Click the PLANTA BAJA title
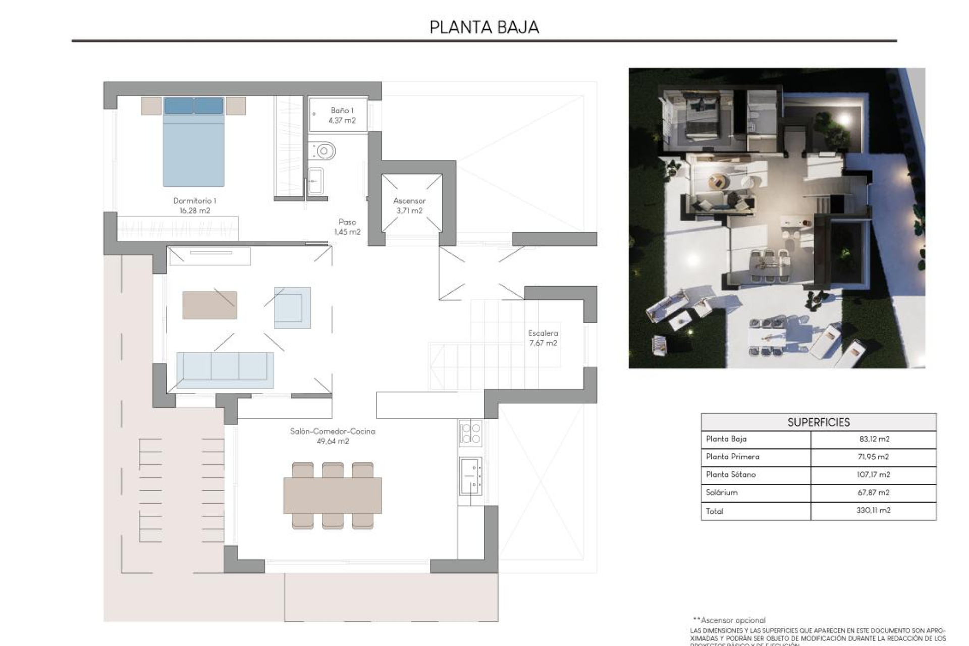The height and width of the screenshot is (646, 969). pos(484,27)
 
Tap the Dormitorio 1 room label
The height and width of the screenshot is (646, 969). pos(194,205)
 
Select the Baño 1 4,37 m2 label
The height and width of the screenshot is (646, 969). pos(342,115)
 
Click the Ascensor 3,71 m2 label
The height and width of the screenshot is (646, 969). pos(409,205)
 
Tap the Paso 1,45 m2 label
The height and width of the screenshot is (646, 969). pos(347,227)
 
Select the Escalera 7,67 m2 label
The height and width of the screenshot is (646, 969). pos(543,338)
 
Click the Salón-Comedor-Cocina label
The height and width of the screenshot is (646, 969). pos(333,436)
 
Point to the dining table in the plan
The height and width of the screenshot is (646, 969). pos(333,495)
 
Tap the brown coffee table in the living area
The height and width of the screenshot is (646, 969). pos(209,305)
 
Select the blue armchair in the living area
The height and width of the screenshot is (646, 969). pos(292,308)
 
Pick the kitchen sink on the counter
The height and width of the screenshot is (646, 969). pos(470,476)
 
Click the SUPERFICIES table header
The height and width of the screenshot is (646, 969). pos(818,422)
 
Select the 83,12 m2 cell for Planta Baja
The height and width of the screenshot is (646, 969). pos(874,439)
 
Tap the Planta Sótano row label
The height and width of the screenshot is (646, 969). pos(731,474)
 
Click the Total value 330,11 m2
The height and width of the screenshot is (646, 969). pos(873,510)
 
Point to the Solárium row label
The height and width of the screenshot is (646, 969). pos(722,492)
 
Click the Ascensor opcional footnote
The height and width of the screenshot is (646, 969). pos(729,620)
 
